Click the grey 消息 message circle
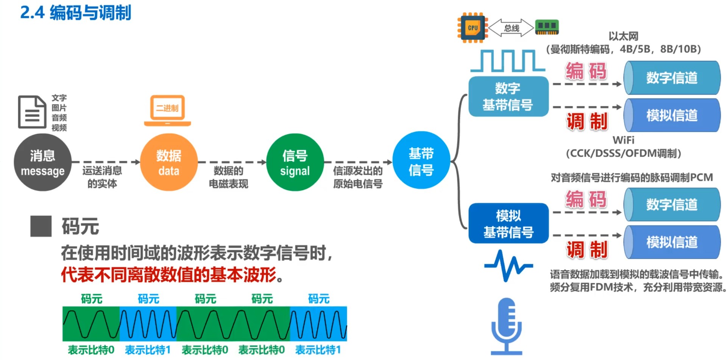42,162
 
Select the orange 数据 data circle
169,162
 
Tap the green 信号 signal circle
295,162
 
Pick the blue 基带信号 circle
421,161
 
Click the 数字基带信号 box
508,97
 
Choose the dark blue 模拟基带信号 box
508,223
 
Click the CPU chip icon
473,28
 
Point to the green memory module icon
547,27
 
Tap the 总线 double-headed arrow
511,28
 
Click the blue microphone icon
507,326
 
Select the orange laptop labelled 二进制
167,110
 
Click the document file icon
32,112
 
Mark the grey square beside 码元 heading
41,226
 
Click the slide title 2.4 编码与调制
76,12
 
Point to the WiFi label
623,140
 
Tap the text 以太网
623,36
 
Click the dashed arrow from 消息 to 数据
106,162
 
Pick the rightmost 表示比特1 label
318,350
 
